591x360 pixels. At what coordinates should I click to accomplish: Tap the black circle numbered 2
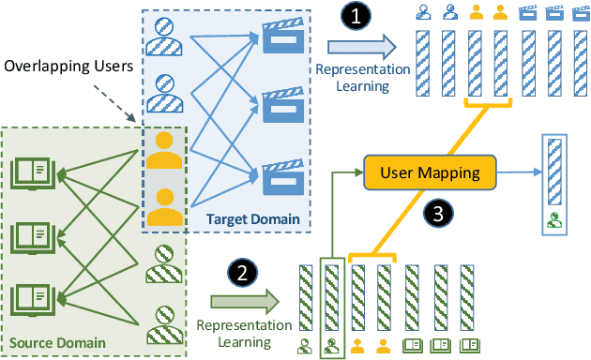(x=241, y=275)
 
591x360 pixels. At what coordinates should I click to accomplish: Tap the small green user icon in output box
(x=555, y=222)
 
